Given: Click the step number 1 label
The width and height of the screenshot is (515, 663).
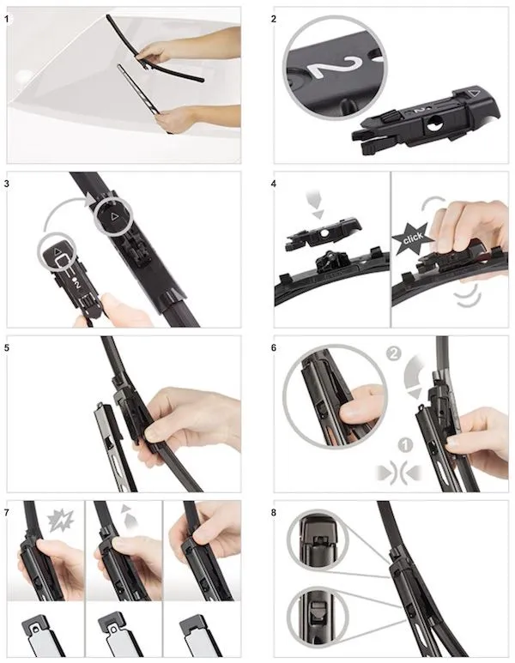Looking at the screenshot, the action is pyautogui.click(x=6, y=19).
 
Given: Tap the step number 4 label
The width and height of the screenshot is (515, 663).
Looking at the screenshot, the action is pyautogui.click(x=274, y=184).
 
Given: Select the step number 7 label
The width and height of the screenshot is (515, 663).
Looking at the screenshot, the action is pyautogui.click(x=6, y=513).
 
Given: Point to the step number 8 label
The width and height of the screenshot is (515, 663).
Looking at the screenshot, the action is pyautogui.click(x=274, y=513).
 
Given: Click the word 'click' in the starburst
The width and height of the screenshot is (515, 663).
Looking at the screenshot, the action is pyautogui.click(x=413, y=239).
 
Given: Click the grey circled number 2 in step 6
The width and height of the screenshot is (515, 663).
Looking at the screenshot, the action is pyautogui.click(x=394, y=353).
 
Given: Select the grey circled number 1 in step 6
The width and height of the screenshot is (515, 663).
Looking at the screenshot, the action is pyautogui.click(x=405, y=445).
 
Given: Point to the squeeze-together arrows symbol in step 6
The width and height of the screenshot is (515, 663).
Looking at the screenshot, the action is pyautogui.click(x=399, y=473).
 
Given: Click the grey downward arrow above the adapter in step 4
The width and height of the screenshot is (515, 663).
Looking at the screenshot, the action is pyautogui.click(x=313, y=206).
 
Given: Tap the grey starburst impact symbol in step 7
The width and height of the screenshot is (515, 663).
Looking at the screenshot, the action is pyautogui.click(x=61, y=521).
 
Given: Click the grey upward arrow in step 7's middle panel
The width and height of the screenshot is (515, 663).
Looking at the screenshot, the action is pyautogui.click(x=128, y=515).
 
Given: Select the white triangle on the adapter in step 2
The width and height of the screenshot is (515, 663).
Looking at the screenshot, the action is pyautogui.click(x=476, y=92).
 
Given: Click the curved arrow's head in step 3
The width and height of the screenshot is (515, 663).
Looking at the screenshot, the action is pyautogui.click(x=90, y=199).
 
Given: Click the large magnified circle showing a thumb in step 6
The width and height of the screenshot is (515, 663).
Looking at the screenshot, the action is pyautogui.click(x=335, y=396).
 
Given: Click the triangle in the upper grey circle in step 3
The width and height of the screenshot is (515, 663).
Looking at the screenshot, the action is pyautogui.click(x=113, y=217).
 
